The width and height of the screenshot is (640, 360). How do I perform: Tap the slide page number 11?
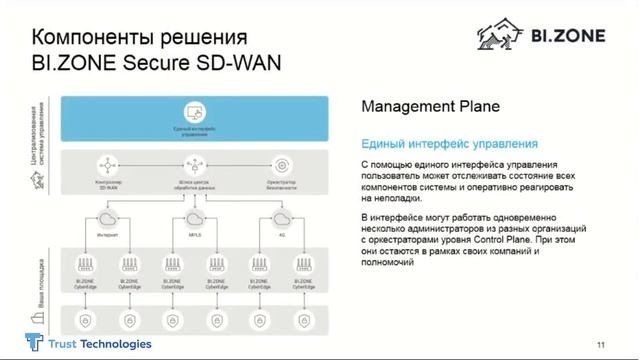pos(600,345)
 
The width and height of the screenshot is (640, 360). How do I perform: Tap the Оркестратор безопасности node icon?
pos(283,165)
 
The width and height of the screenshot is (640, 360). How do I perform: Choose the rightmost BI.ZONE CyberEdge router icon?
pos(303,264)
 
